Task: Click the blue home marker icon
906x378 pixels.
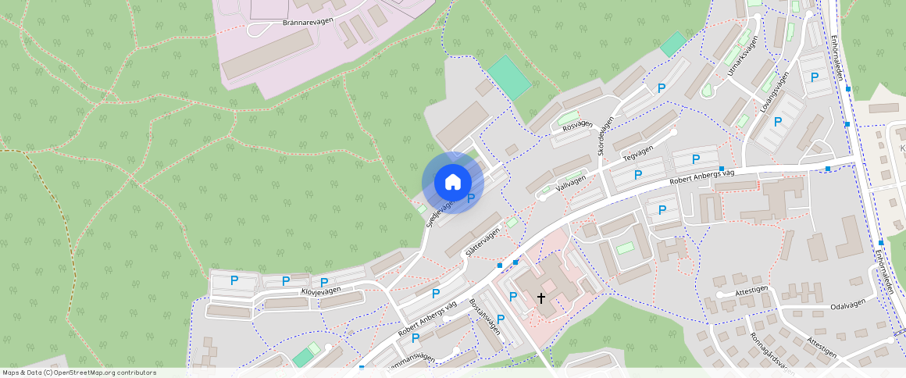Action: [452, 183]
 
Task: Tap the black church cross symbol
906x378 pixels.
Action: [541, 298]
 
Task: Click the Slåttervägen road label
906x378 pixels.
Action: [482, 242]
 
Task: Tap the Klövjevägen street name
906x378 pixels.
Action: [321, 291]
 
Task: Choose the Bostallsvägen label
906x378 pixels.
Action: [484, 316]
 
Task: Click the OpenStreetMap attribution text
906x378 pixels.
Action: [79, 373]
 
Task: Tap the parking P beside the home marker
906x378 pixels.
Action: [471, 199]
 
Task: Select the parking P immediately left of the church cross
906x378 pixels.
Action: [513, 297]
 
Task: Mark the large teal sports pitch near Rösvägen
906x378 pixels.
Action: [511, 77]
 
